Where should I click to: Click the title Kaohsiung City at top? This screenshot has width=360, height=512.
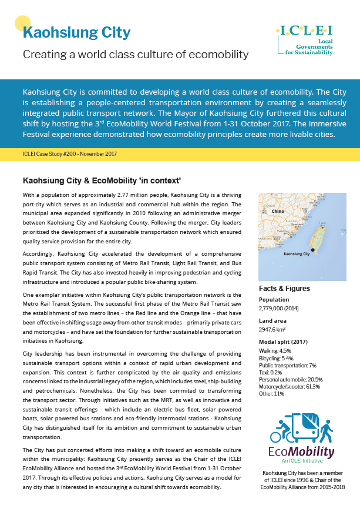coord(76,32)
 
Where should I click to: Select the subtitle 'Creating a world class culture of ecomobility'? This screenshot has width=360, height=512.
coord(136,55)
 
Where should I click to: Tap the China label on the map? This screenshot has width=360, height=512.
coord(278,211)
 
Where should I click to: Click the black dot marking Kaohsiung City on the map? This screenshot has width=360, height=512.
coord(313,250)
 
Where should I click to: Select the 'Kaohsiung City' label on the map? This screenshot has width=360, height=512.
coord(297,254)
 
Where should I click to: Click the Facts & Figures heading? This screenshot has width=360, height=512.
coord(284,289)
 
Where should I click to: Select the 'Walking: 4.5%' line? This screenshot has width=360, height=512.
coord(275,351)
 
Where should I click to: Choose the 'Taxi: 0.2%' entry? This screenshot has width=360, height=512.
coord(270,372)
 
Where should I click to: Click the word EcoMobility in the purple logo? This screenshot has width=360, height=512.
coord(301,452)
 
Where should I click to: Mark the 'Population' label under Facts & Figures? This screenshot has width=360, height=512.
coord(274,299)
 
